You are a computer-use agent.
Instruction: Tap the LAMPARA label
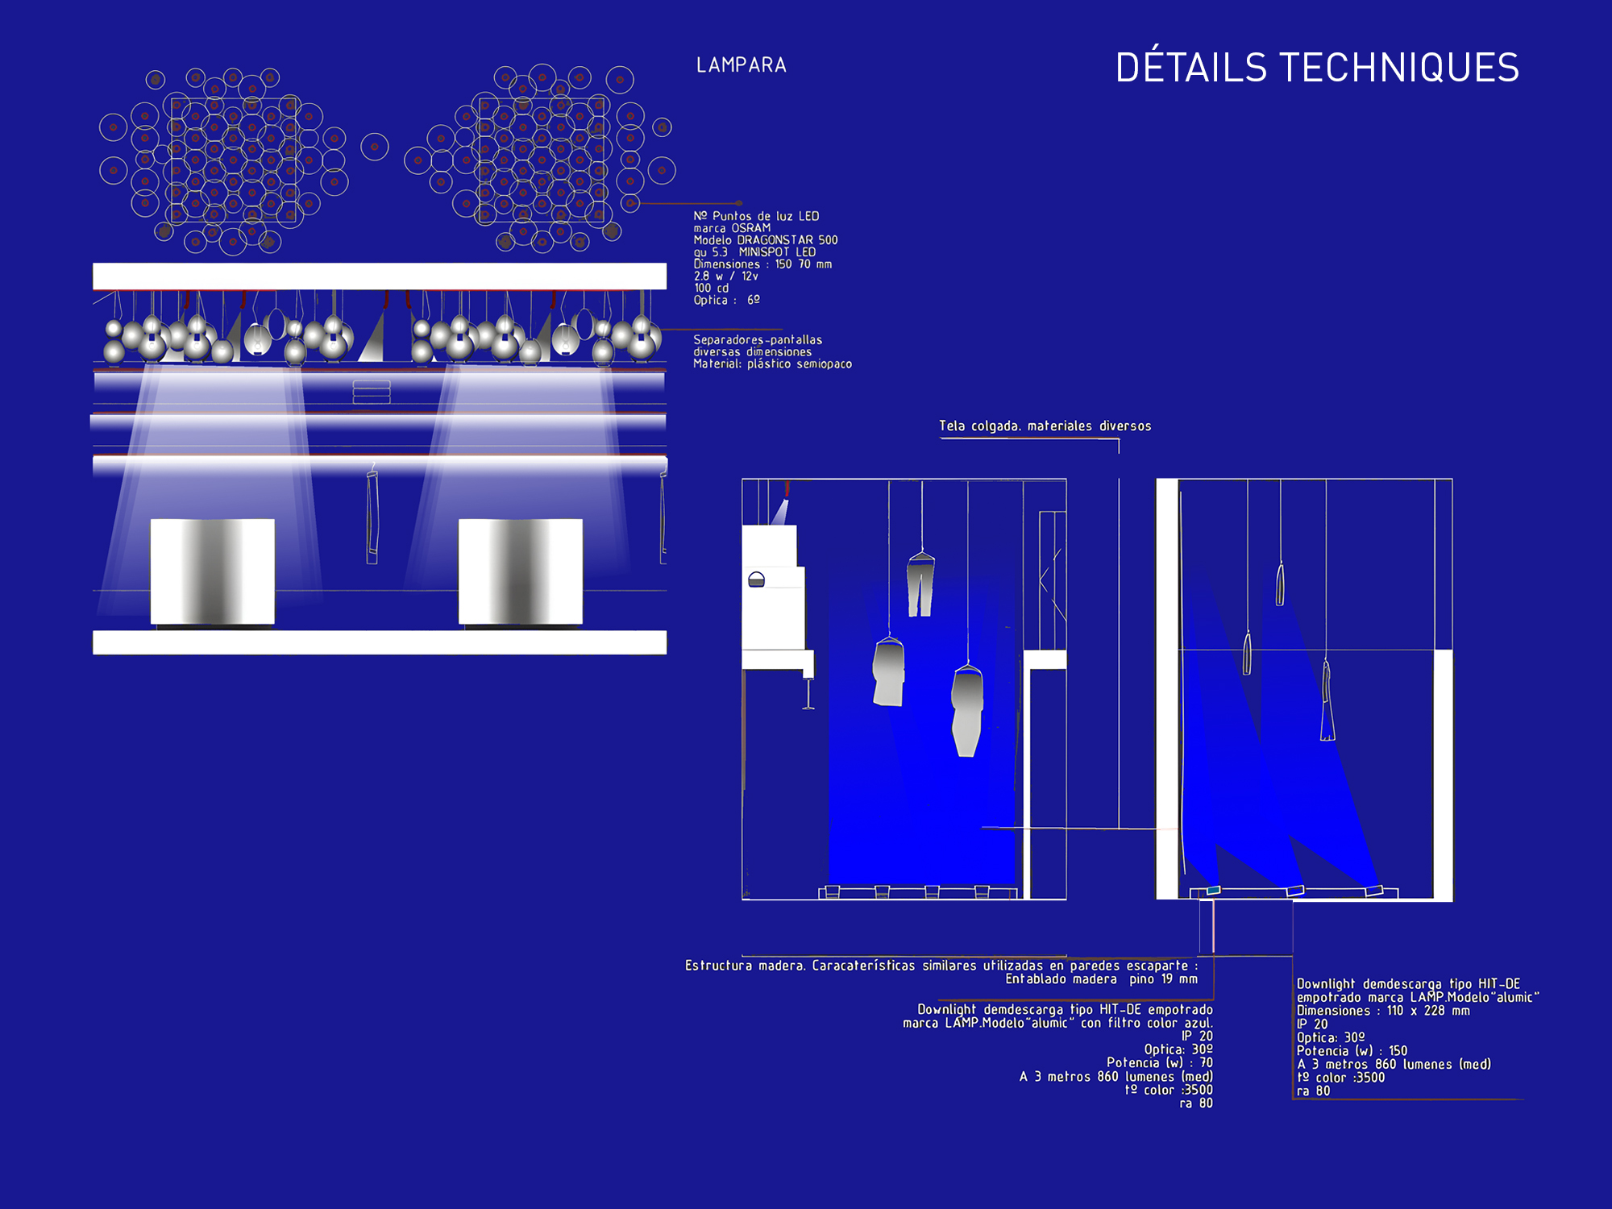(742, 65)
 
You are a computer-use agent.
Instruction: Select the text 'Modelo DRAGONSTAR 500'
(766, 240)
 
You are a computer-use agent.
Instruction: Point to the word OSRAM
(751, 228)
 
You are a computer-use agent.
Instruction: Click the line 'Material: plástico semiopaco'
(773, 364)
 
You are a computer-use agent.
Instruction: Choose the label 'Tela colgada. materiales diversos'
(1045, 426)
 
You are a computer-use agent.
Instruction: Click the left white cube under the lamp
(213, 571)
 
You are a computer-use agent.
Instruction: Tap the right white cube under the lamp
(521, 571)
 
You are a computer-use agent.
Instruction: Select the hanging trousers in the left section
(920, 584)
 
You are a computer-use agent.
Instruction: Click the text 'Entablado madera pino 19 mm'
(1101, 979)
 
